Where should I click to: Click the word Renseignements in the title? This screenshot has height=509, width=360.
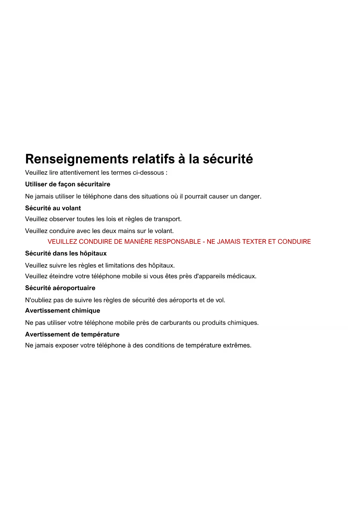coord(77,159)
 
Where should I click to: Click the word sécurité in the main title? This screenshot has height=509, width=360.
coord(228,159)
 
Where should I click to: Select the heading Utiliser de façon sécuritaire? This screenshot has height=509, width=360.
coord(68,184)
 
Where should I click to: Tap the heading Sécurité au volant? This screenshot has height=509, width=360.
coord(53,208)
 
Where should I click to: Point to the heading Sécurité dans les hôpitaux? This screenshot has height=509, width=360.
coord(66,253)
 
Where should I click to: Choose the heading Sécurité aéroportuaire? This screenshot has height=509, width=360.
coord(60,288)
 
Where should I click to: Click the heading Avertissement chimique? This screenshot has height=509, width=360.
coord(63,311)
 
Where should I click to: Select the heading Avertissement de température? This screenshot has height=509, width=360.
coord(72,334)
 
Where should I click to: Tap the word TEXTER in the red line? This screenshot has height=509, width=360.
coord(254,241)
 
